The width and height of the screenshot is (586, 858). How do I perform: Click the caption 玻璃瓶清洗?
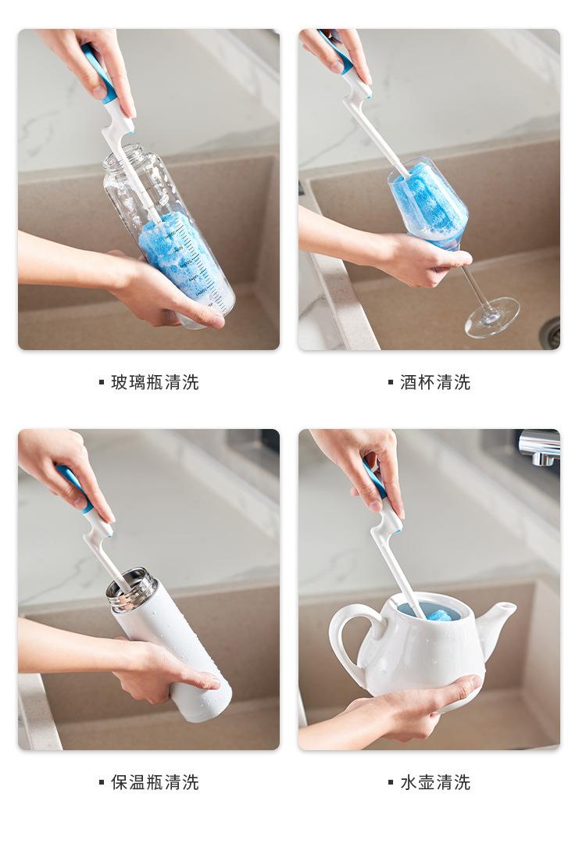point(155,382)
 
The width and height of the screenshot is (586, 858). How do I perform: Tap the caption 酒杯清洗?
point(435,382)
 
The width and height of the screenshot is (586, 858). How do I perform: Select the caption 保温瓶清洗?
point(155,782)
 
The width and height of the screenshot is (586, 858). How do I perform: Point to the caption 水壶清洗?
point(435,782)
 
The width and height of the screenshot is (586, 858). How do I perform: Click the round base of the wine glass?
point(492,316)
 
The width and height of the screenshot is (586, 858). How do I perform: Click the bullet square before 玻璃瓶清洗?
point(102,382)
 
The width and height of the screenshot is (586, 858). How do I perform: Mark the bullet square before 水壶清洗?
point(390,782)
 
